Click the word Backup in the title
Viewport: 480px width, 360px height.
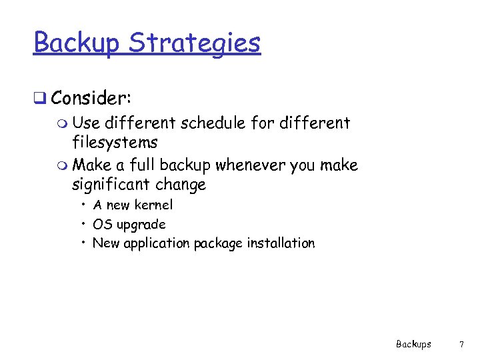coord(77,43)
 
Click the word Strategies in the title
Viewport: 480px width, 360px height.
coord(194,43)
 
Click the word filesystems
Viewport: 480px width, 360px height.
coord(115,142)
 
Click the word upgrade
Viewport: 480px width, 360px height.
coord(142,225)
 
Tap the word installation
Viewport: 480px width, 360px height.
coord(280,243)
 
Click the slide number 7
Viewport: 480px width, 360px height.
coord(461,344)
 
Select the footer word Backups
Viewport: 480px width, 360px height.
coord(413,344)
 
